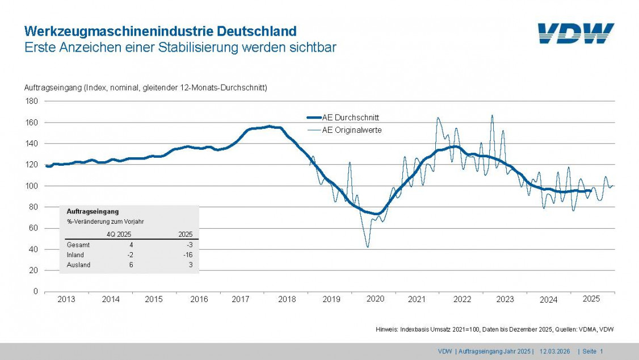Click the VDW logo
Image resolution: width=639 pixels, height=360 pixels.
click(575, 34)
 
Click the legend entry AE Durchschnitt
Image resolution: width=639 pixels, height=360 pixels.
click(350, 118)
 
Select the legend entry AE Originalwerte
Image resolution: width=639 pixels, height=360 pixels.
click(351, 130)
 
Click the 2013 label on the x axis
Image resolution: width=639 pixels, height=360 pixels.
click(66, 299)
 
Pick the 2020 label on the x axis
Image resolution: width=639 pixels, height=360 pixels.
click(375, 299)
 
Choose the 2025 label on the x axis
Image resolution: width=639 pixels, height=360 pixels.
click(591, 299)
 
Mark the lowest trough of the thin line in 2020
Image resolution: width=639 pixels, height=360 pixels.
click(368, 247)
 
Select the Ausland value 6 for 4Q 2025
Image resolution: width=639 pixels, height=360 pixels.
click(131, 265)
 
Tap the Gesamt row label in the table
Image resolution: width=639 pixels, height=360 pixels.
click(78, 245)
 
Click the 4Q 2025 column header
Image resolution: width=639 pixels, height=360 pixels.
click(120, 234)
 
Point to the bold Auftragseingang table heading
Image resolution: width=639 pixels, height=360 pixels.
click(93, 211)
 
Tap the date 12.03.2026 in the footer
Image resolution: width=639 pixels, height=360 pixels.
click(555, 351)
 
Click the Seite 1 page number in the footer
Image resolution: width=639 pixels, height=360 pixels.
click(592, 351)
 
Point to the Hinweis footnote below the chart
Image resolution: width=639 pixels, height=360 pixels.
click(494, 329)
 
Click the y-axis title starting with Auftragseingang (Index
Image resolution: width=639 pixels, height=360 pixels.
click(145, 87)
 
